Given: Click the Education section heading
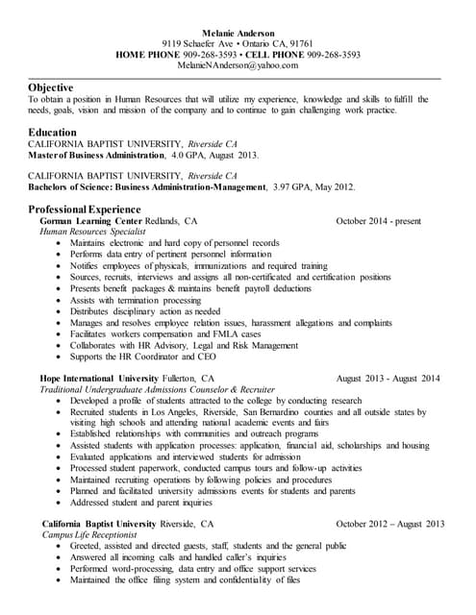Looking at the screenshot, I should tap(53, 132).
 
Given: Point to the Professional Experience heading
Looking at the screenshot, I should tap(85, 209).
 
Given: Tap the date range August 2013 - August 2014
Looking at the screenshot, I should tap(388, 379).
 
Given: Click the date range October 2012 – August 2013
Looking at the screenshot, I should tap(390, 524).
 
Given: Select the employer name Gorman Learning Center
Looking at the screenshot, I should tap(89, 220).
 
